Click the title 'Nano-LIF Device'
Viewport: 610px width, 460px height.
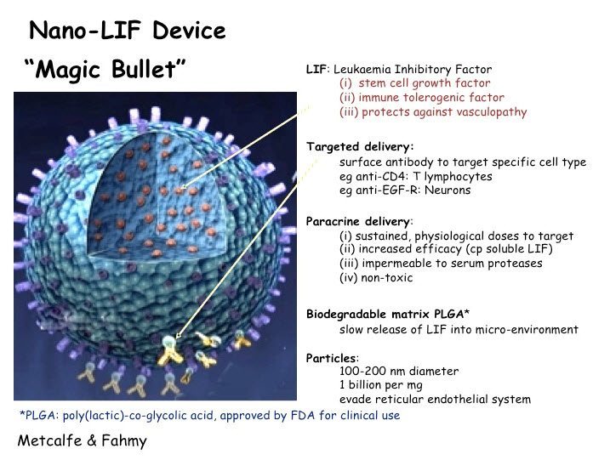coord(128,31)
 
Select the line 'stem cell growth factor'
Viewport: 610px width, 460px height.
coord(414,83)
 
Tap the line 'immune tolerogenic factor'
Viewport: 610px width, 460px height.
coord(422,97)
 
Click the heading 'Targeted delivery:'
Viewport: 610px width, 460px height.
coord(360,147)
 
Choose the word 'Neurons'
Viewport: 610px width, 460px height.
coord(448,190)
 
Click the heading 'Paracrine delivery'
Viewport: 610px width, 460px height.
coord(357,222)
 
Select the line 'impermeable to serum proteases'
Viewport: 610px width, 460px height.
coord(441,264)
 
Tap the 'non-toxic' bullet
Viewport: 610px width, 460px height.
coord(376,278)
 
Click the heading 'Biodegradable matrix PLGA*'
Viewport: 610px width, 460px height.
coord(388,315)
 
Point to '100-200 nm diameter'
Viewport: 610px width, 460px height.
coord(399,371)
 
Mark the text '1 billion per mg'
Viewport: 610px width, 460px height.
coord(381,385)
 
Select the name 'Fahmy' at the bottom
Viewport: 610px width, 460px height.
coord(124,441)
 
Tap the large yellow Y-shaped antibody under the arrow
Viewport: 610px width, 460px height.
coord(169,351)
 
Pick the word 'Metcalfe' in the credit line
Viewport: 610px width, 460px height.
coord(50,440)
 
